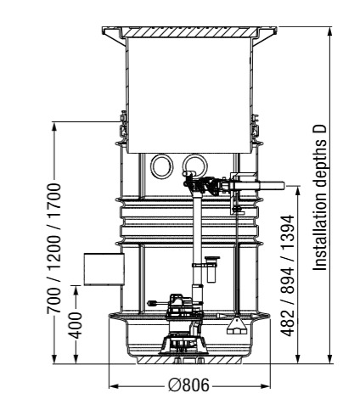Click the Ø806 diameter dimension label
click(188, 385)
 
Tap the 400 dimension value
click(76, 325)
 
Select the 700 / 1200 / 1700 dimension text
click(54, 249)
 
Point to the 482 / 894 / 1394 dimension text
click(288, 276)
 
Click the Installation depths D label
click(320, 197)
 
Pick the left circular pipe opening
click(161, 166)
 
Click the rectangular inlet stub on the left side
click(104, 269)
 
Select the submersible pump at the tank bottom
click(183, 325)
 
